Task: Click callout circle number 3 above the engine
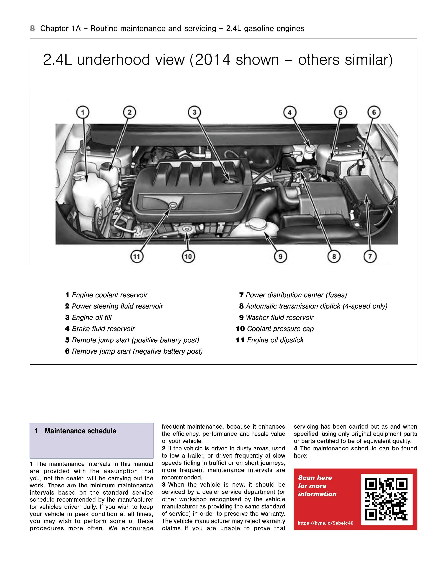point(194,112)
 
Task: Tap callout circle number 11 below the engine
point(137,256)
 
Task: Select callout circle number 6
point(374,112)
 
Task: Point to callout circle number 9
point(280,256)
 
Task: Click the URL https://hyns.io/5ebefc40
point(325,523)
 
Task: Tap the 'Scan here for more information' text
point(317,486)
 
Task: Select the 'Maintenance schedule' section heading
point(80,431)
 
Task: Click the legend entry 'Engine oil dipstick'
point(275,340)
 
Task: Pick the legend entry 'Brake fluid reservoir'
point(103,329)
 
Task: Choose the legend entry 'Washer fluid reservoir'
point(279,318)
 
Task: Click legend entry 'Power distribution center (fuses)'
point(296,295)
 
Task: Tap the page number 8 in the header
point(32,28)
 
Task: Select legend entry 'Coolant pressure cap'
point(280,329)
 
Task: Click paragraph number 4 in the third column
point(296,448)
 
